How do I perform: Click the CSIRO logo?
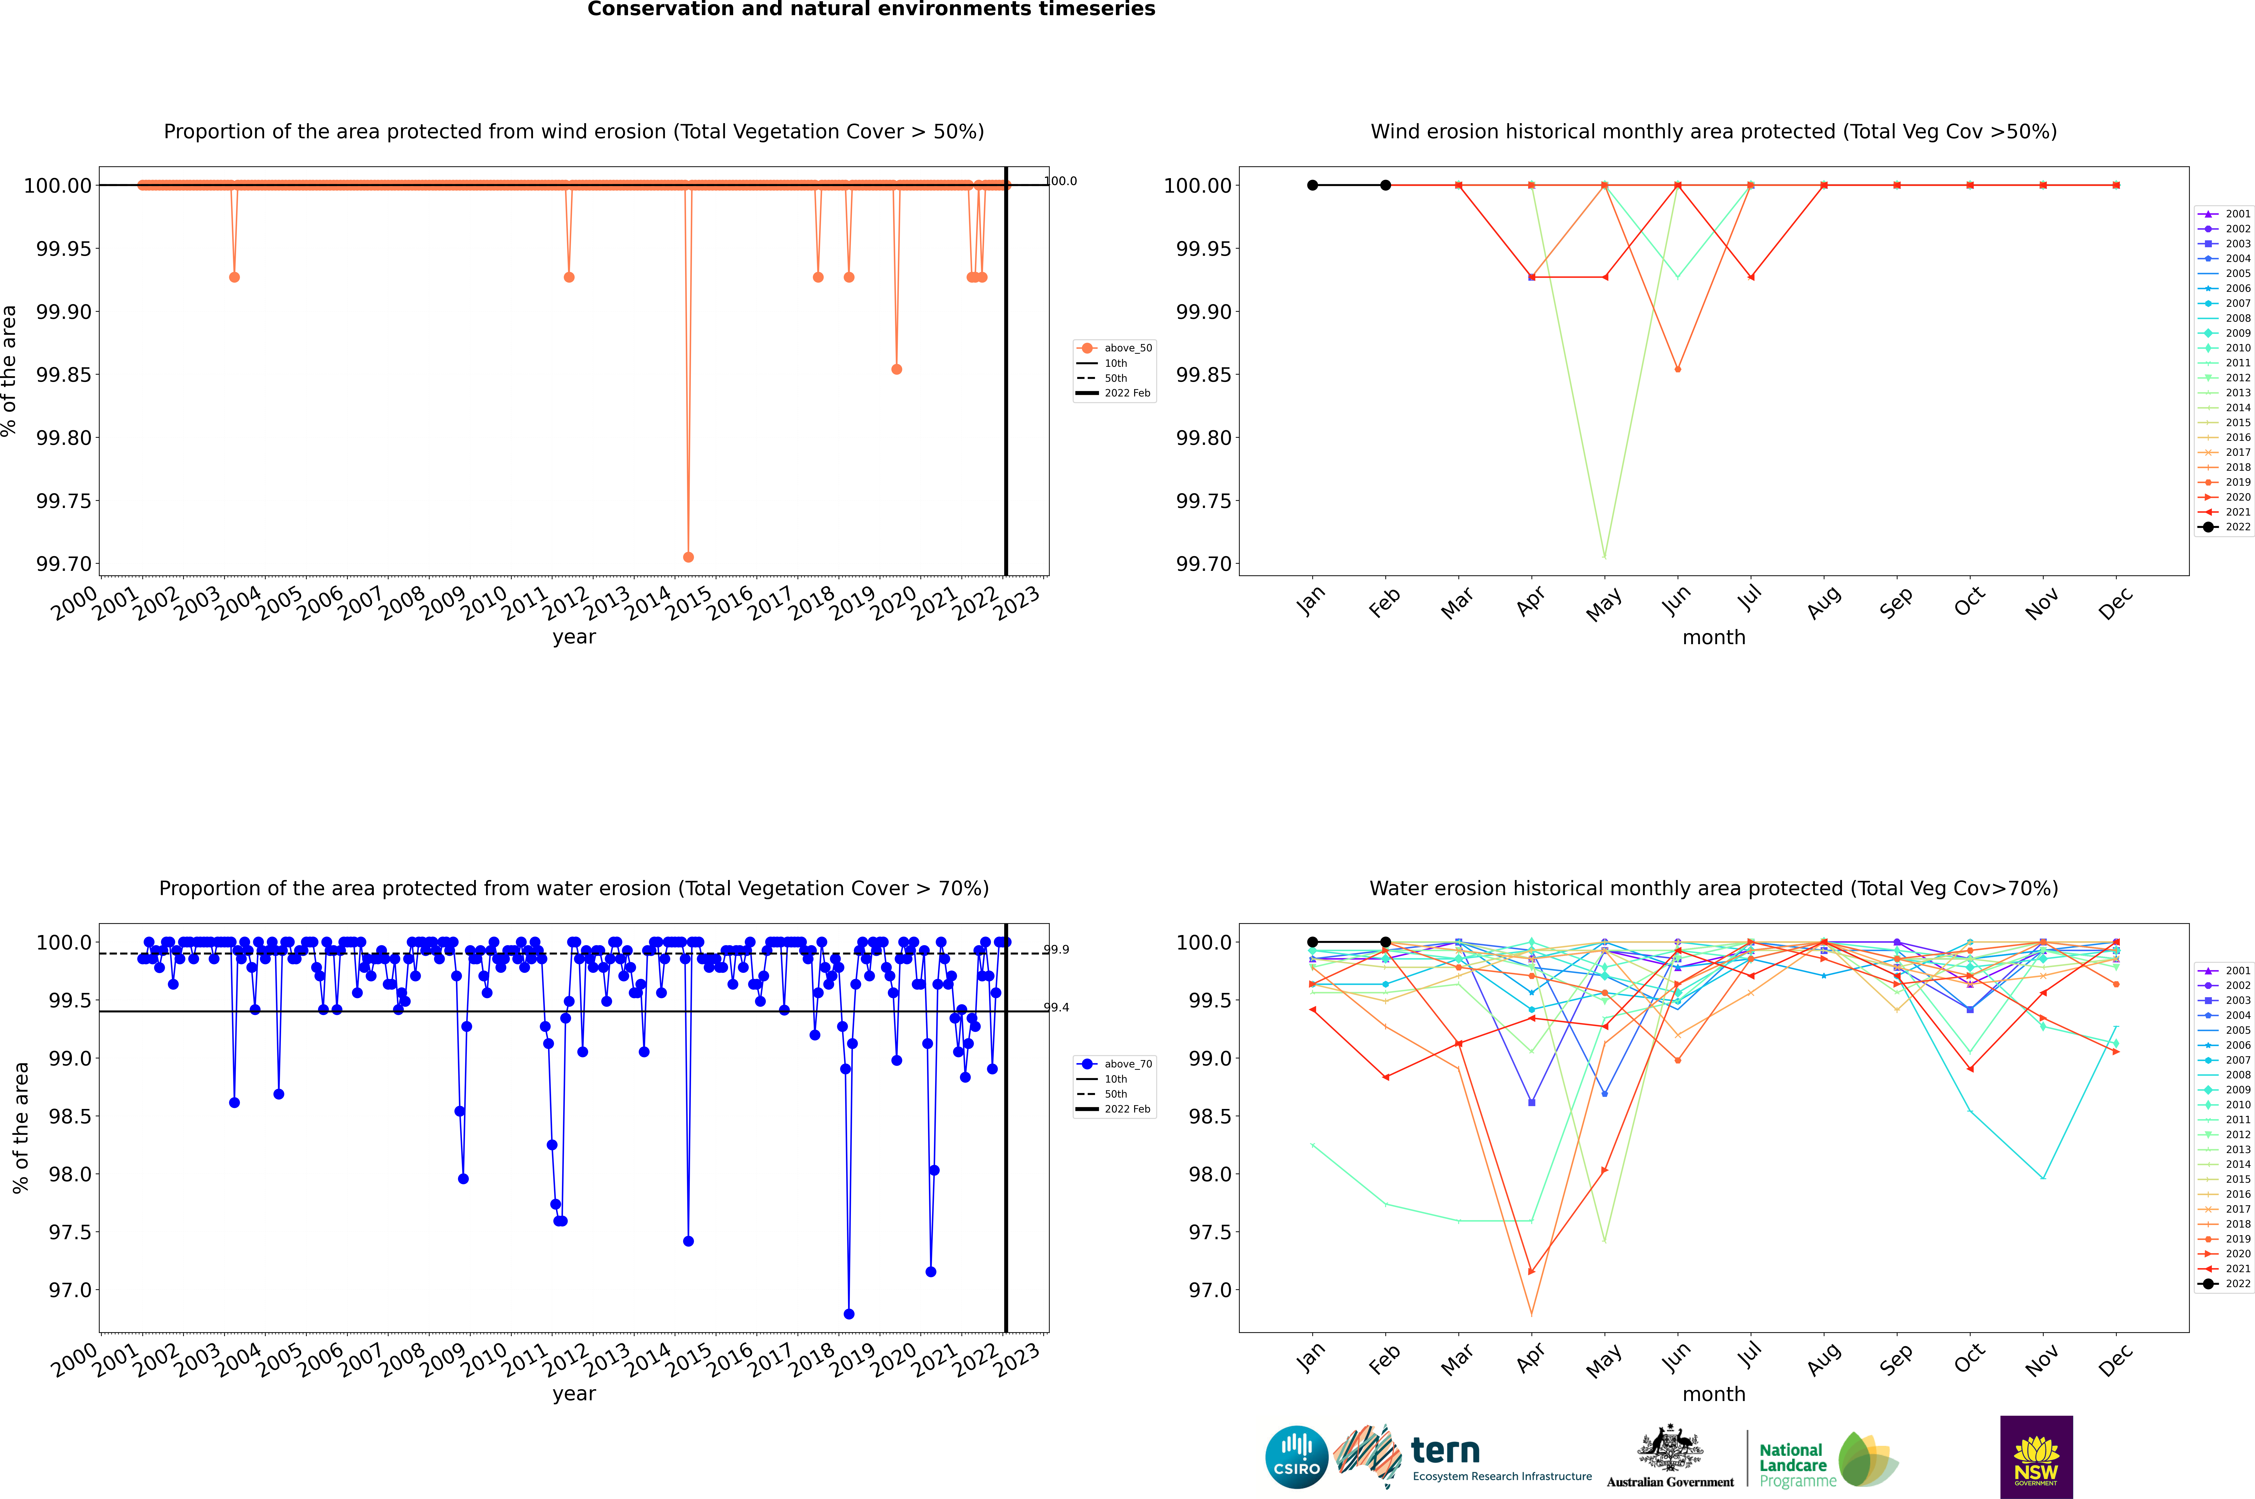(1296, 1457)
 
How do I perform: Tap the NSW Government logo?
(2036, 1457)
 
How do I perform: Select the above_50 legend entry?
(1115, 348)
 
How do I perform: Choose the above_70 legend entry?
(1115, 1064)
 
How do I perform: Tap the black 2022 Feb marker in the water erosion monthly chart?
(1385, 942)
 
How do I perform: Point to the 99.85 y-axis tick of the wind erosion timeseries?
(64, 375)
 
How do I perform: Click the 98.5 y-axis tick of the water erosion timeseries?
(70, 1117)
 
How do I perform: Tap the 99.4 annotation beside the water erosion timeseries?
(1056, 1008)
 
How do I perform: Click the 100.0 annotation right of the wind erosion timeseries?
(1060, 181)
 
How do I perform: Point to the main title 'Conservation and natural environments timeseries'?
(871, 9)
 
